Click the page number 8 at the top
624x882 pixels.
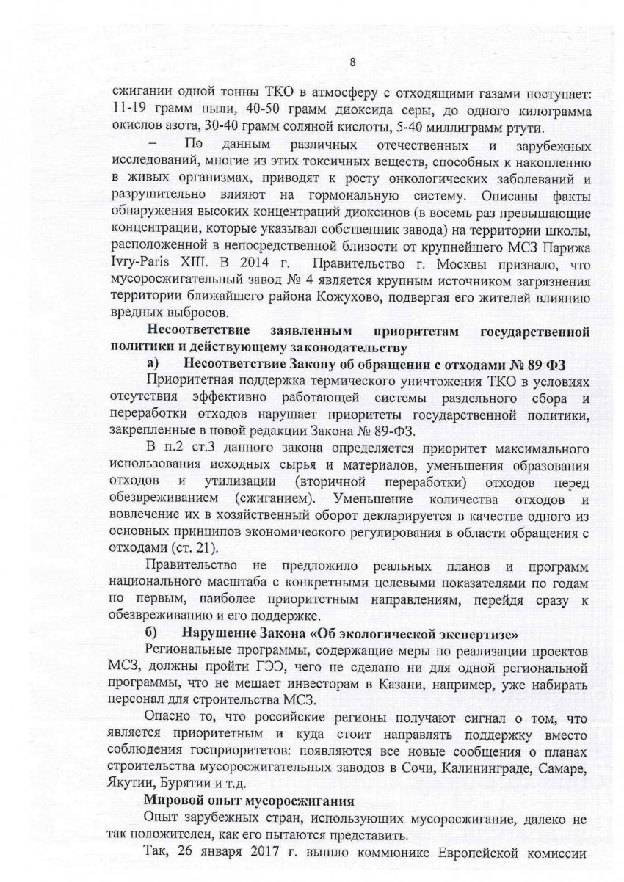coord(352,62)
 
